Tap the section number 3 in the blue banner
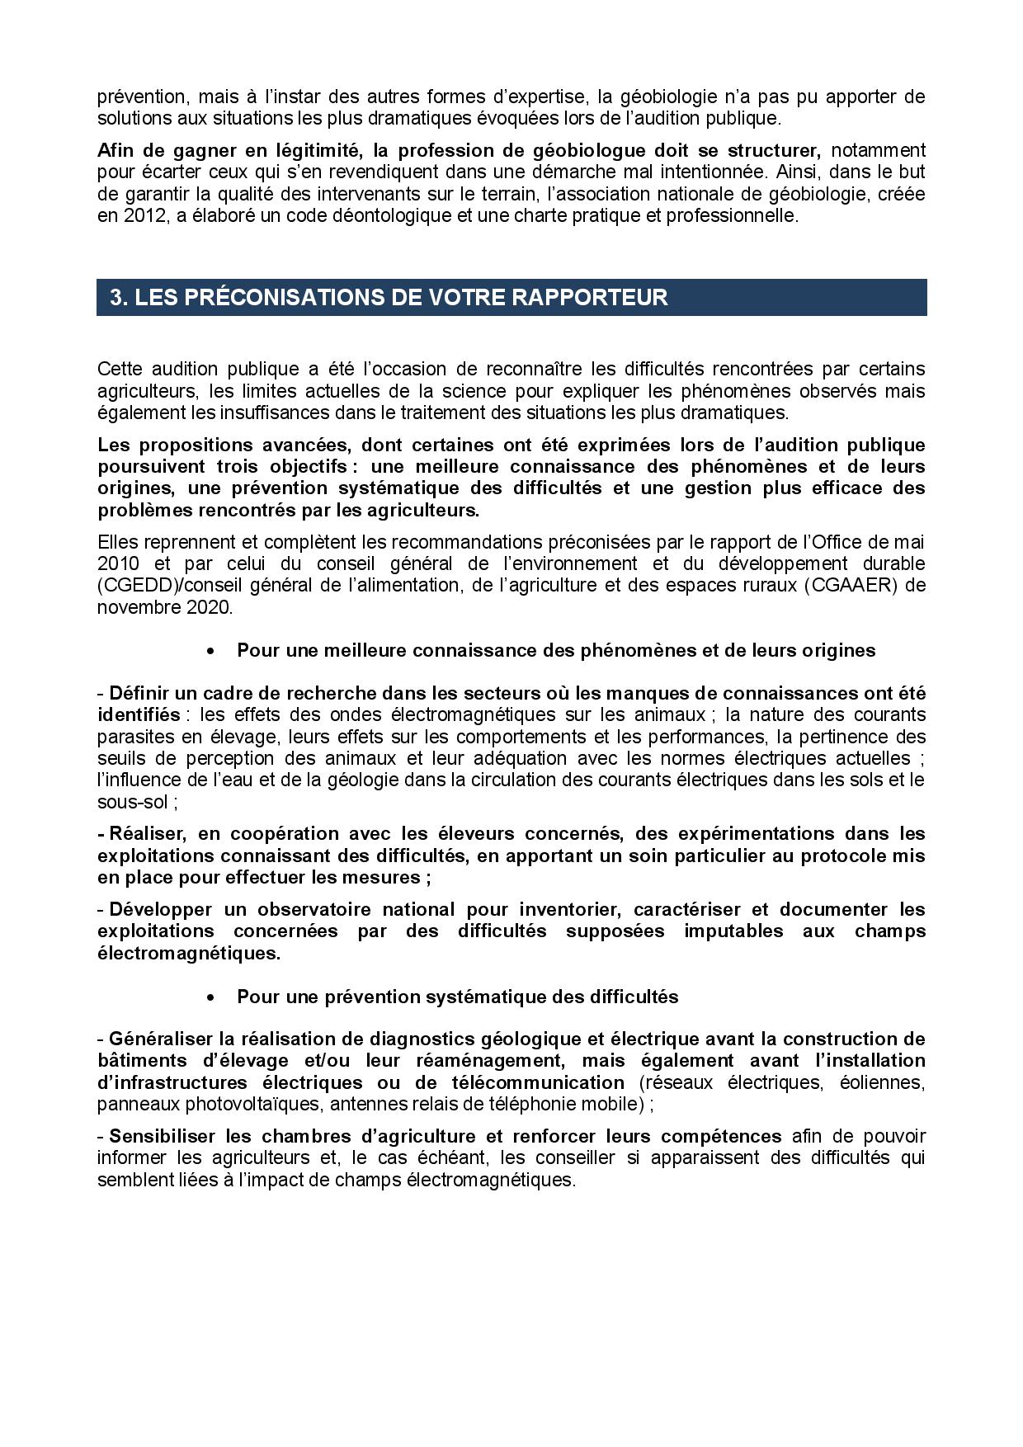[116, 298]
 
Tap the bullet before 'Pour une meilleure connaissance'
[212, 651]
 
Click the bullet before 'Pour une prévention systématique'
[212, 997]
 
